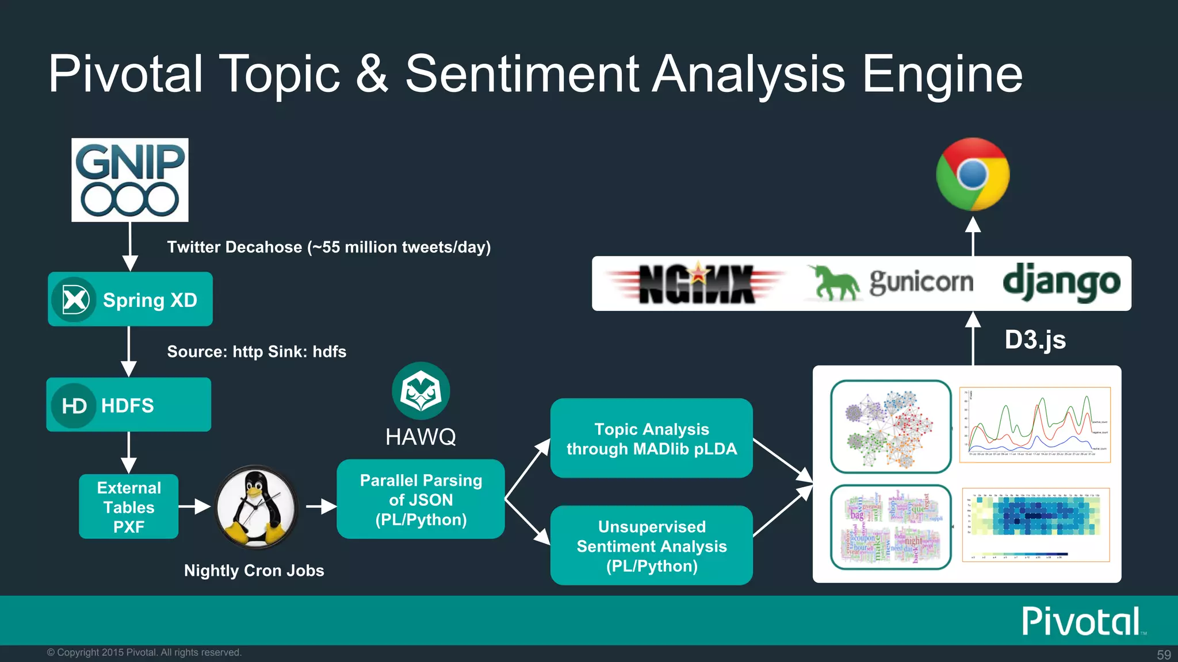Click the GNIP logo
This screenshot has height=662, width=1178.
coord(130,180)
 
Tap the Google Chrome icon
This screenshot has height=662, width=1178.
coord(973,174)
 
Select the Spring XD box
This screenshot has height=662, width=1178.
coord(130,299)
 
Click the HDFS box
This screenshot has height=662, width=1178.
coord(129,405)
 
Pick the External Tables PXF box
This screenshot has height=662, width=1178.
coord(129,506)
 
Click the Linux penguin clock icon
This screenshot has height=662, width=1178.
coord(256,507)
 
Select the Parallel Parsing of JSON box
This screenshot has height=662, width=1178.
coord(420,499)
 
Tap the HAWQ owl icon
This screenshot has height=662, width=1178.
coord(420,391)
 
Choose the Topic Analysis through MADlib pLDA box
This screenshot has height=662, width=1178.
coord(651,438)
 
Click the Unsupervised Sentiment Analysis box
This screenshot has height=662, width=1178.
coord(651,545)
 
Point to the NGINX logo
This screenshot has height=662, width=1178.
coord(697,283)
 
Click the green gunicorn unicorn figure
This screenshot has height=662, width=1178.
coord(836,283)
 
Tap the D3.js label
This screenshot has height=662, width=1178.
coord(1035,340)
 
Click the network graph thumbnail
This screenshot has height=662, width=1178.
coord(890,426)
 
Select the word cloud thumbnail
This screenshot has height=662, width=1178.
coord(890,527)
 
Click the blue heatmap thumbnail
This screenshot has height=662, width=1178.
coord(1035,525)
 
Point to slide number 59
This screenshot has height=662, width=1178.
coord(1164,655)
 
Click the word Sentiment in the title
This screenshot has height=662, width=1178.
coord(522,74)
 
